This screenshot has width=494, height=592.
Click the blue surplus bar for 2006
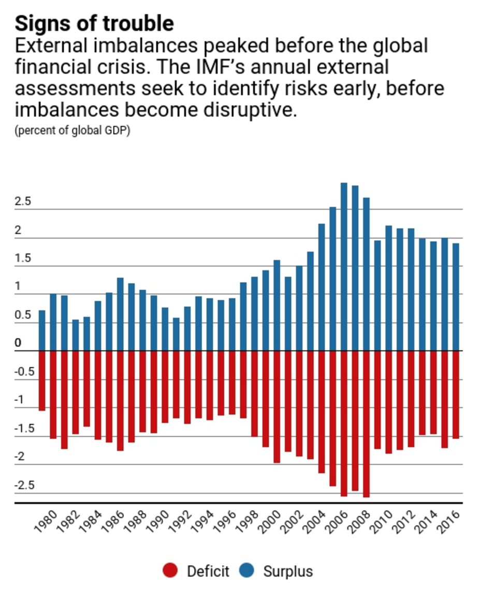pyautogui.click(x=344, y=267)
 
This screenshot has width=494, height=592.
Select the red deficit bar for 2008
pyautogui.click(x=366, y=424)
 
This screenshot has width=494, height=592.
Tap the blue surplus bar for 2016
pyautogui.click(x=456, y=297)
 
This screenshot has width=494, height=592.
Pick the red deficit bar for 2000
pyautogui.click(x=277, y=407)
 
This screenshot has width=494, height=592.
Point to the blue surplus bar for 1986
pyautogui.click(x=120, y=314)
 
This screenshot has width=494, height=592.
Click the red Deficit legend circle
pyautogui.click(x=170, y=571)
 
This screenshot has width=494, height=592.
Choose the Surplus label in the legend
pyautogui.click(x=288, y=571)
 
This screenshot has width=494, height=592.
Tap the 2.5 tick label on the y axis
pyautogui.click(x=23, y=202)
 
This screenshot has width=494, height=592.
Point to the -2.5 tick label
pyautogui.click(x=25, y=485)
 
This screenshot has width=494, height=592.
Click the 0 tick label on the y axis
pyautogui.click(x=18, y=343)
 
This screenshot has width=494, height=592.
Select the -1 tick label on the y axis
pyautogui.click(x=20, y=400)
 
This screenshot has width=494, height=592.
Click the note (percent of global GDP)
pyautogui.click(x=72, y=130)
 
